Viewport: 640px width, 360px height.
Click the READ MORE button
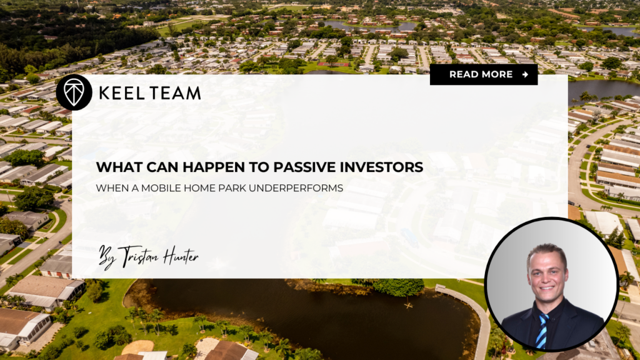coord(483,74)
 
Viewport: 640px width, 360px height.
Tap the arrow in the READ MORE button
coord(525,74)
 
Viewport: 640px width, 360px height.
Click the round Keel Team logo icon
coord(74,92)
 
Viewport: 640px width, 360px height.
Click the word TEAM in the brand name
coord(175,93)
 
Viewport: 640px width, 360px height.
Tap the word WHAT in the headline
coord(116,167)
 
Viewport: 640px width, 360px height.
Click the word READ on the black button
coord(464,74)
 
